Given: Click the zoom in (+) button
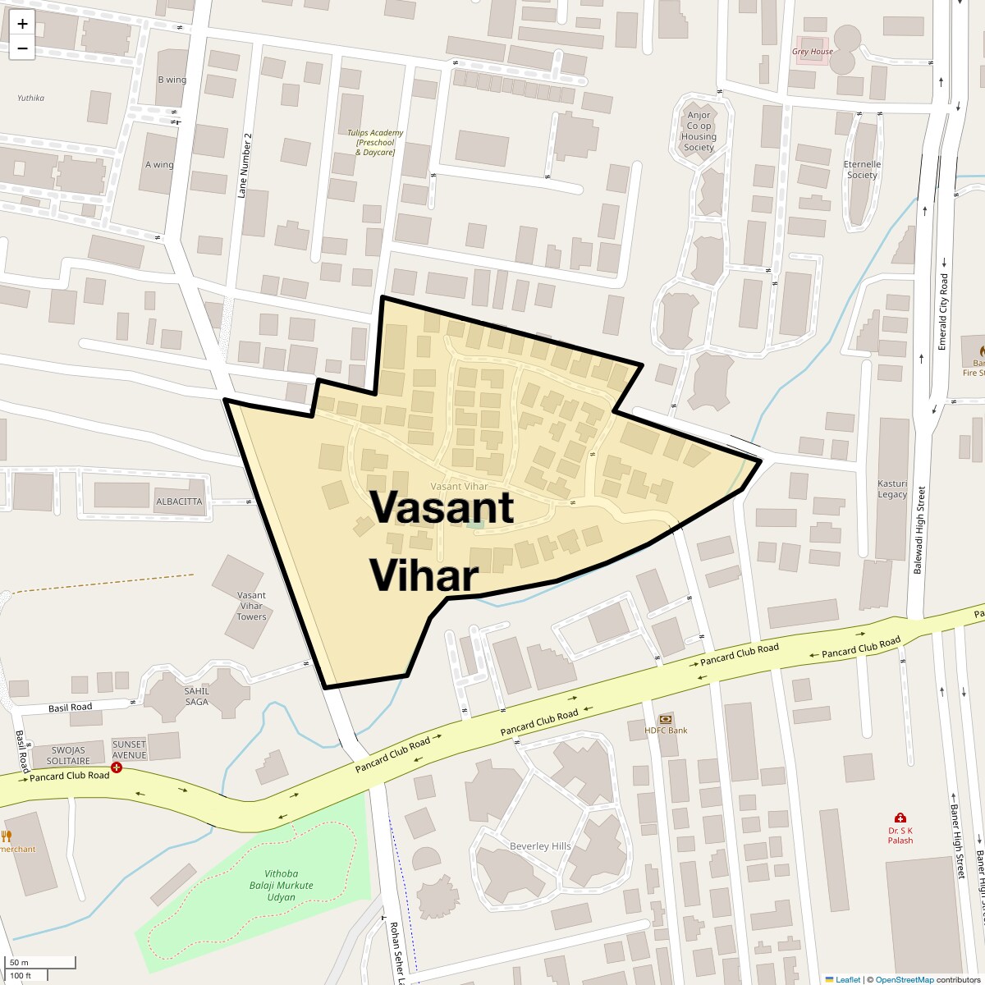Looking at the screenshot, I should coord(22,24).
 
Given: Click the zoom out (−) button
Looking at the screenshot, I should coord(22,48).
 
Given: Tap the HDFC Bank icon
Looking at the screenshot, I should coord(666,719).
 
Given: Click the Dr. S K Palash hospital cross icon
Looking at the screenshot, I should coord(900,818).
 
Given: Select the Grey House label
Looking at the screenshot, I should coord(812,52).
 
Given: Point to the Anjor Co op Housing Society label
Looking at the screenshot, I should coord(699,131).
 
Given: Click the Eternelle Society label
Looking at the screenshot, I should coord(862,169).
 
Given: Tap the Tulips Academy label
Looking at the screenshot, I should coord(375,143).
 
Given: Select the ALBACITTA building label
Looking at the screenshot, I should coord(179,502).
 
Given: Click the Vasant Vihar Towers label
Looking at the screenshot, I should coord(251,606).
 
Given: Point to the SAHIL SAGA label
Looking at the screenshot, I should coord(197,696).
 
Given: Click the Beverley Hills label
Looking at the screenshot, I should coord(540,846).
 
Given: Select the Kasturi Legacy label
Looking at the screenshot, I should coord(892,488).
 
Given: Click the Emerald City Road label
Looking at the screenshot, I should coord(943,311).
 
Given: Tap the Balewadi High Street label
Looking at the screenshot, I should coord(920,531).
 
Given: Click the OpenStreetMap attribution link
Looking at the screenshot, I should coord(904,979).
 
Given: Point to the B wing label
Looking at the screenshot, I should coord(172,80).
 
